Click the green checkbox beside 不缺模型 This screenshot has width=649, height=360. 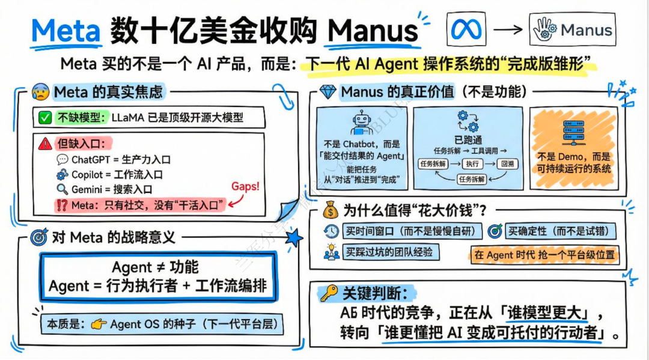point(45,118)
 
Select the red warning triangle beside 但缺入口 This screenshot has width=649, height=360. point(45,144)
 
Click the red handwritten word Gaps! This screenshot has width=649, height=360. point(246,186)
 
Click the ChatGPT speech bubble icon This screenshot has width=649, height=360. point(62,160)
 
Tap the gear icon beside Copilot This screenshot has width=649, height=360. point(62,175)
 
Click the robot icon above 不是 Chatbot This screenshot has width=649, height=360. point(361,121)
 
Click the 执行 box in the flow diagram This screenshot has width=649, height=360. point(474,163)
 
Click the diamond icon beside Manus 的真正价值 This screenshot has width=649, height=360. point(328,92)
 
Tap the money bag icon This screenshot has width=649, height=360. point(330,210)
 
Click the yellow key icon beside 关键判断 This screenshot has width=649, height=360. point(328,293)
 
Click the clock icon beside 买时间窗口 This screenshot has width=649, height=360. point(331,231)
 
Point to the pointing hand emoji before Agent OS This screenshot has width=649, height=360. point(98,324)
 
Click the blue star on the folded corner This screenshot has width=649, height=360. point(294,238)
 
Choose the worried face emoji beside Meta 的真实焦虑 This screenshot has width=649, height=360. point(42,93)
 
